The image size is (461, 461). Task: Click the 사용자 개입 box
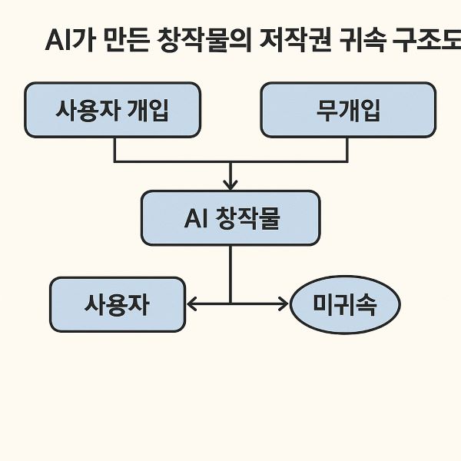click(112, 110)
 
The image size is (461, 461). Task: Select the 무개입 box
click(348, 110)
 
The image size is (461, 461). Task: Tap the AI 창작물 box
click(230, 218)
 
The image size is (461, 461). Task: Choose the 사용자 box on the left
click(118, 304)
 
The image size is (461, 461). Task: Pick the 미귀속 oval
click(346, 305)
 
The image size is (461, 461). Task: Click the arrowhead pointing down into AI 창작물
click(230, 184)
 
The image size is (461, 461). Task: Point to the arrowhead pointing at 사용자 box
click(192, 304)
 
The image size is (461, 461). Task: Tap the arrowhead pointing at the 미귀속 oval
click(284, 304)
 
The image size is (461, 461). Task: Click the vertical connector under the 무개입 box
click(347, 149)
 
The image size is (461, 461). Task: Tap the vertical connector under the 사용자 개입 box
click(114, 149)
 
